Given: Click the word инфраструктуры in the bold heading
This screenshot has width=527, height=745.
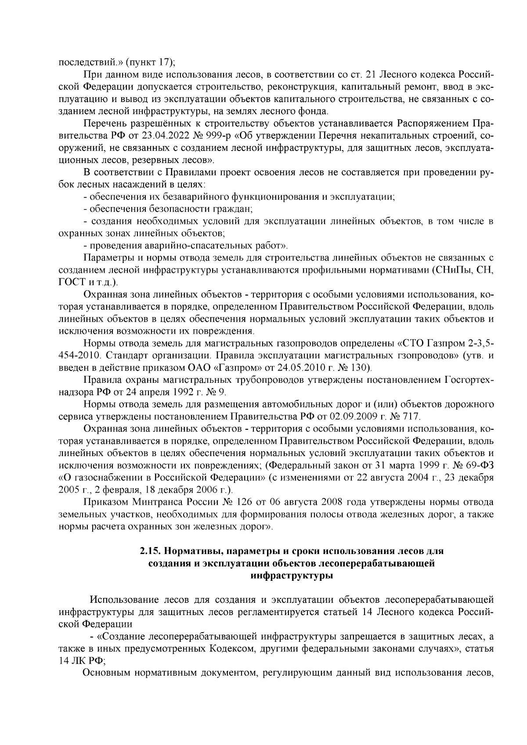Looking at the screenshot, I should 291,576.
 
